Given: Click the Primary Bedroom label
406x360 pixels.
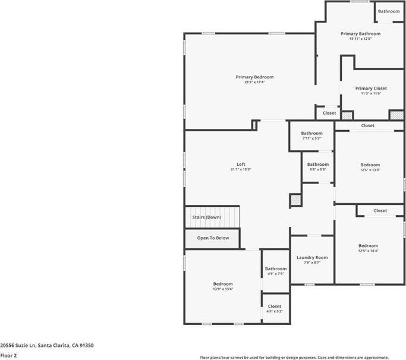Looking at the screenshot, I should [254, 77].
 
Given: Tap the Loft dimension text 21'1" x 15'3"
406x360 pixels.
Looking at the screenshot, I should [241, 170].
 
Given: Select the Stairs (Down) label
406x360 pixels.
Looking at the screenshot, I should [206, 217].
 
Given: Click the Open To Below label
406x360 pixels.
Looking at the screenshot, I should [213, 238].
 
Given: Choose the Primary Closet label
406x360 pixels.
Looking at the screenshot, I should [371, 89].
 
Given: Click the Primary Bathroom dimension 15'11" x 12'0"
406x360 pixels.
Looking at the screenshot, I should [360, 39].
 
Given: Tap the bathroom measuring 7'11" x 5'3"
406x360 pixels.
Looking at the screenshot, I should [311, 136].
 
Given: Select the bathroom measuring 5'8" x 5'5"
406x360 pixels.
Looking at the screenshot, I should [317, 167].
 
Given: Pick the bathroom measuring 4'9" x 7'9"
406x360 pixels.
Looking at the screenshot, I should [275, 271].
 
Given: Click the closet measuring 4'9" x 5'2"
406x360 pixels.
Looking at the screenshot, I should [275, 309].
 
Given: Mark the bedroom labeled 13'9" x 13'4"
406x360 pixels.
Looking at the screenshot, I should [223, 286].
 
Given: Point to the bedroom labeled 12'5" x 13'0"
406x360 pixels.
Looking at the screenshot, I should [370, 168].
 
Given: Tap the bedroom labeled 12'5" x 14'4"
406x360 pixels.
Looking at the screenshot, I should [368, 248].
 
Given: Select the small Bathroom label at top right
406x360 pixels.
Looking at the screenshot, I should [389, 11].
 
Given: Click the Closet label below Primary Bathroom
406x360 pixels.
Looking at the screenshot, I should [329, 113].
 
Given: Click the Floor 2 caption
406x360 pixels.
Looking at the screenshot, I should [9, 355].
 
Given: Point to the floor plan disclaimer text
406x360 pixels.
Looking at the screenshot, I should [301, 358].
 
